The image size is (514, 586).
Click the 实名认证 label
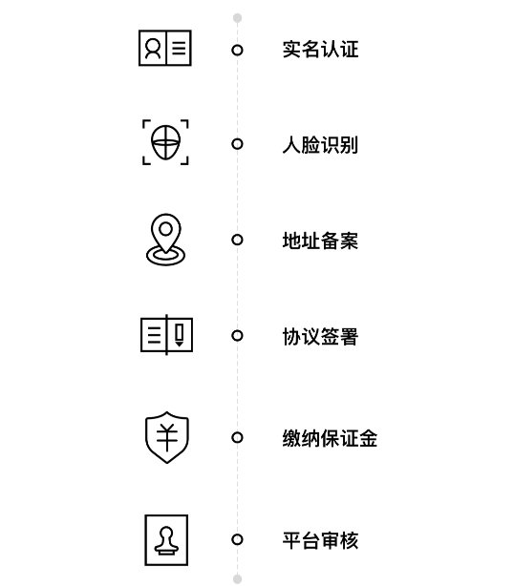coord(320,50)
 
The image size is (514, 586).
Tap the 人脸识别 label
coord(320,145)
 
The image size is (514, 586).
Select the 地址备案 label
coord(320,241)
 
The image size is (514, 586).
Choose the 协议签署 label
coord(320,336)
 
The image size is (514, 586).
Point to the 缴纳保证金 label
coord(330,438)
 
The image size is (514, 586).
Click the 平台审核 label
coord(320,540)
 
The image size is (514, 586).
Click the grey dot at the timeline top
coord(237,17)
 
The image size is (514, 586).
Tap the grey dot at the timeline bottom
coord(237,578)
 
